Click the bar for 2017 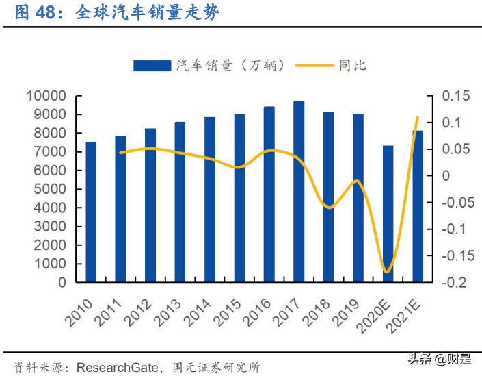299,192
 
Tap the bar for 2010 90,212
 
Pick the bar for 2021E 418,206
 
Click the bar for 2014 209,199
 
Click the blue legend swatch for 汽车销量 151,65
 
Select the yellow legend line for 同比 315,65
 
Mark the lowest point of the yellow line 388,272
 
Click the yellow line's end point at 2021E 418,117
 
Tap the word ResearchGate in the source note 116,366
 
